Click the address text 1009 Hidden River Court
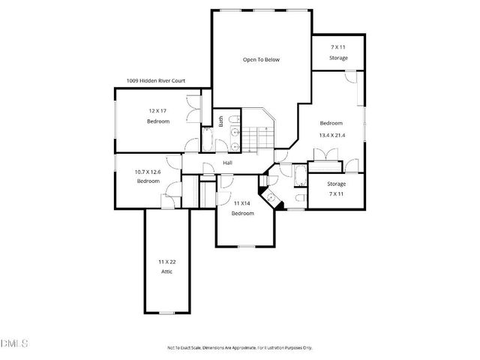point(156,80)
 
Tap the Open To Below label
point(260,59)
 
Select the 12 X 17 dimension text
point(157,111)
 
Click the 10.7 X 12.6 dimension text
point(148,172)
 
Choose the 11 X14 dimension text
point(242,203)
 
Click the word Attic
point(166,271)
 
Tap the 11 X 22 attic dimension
point(166,261)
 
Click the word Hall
point(227,163)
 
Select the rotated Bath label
point(220,120)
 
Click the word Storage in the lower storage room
point(337,184)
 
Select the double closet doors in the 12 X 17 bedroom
point(194,109)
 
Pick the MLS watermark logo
point(14,344)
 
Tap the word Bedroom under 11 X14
point(242,213)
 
